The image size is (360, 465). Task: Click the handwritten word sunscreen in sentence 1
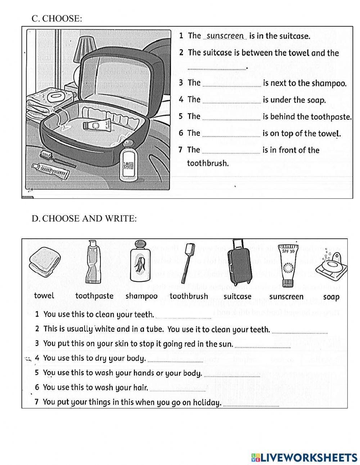pos(225,36)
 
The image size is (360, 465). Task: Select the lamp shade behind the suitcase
pos(85,48)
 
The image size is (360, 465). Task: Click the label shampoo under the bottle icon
pos(141,296)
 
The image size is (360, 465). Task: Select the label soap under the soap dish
pos(331,297)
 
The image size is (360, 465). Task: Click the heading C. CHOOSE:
pos(57,19)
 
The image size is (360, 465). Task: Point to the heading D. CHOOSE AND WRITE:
pos(84,219)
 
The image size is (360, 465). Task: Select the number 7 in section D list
pos(37,402)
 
